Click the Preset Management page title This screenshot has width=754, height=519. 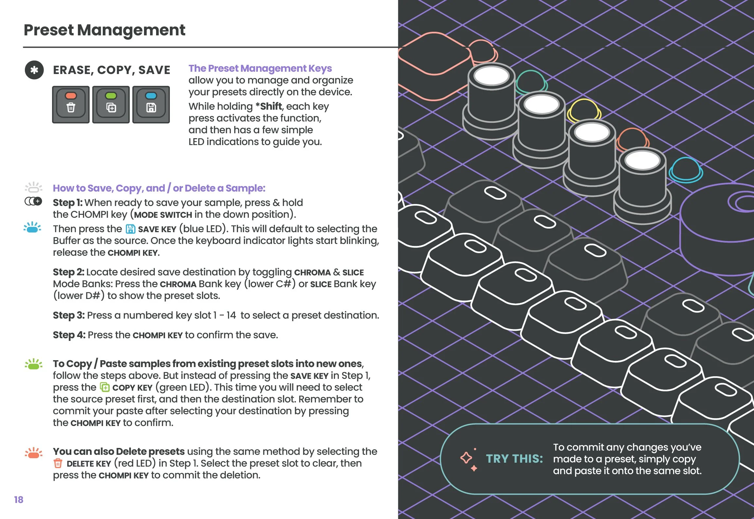tap(104, 30)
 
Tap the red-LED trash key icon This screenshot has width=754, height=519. tap(71, 104)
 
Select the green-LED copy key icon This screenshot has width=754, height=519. tap(111, 104)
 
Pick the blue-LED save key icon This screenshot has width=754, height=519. tap(151, 104)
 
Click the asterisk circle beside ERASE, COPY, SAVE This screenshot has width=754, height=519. tap(34, 70)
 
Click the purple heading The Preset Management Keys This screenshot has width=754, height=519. tap(260, 68)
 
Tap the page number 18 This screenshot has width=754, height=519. tap(19, 500)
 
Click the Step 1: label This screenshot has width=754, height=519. tap(67, 203)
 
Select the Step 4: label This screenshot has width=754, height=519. tap(69, 335)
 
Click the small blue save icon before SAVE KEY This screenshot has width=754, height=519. tap(131, 229)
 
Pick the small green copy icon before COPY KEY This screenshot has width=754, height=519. tap(105, 387)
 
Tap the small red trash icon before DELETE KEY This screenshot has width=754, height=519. tap(58, 463)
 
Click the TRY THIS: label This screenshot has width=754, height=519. tap(514, 459)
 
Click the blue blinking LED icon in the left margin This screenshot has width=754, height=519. tap(32, 227)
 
